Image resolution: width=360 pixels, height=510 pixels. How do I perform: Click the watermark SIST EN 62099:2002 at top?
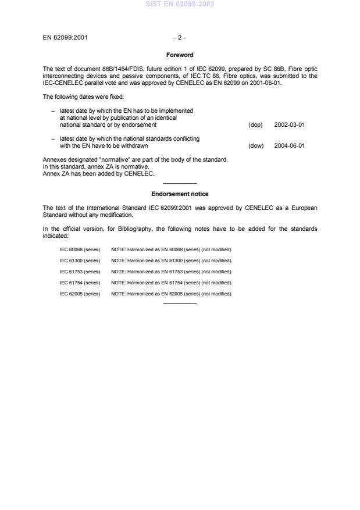(x=180, y=4)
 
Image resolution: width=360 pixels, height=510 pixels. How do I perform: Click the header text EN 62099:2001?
(x=66, y=38)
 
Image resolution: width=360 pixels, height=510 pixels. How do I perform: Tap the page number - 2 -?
(x=180, y=38)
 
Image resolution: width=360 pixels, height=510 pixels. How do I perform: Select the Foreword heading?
(x=180, y=55)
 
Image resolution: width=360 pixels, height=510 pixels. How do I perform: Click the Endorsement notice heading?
(x=180, y=194)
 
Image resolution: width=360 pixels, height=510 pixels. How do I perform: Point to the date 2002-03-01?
(x=289, y=124)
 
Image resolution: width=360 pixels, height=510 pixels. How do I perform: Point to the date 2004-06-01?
(x=289, y=146)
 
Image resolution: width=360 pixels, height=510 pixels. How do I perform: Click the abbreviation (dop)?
(x=255, y=124)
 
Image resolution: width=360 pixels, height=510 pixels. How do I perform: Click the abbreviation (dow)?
(x=256, y=146)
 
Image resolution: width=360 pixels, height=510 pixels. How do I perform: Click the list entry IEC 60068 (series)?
(x=80, y=249)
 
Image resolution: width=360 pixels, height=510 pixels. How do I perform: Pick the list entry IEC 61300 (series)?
(x=80, y=260)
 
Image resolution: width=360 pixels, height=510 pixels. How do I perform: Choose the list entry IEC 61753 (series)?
(x=80, y=272)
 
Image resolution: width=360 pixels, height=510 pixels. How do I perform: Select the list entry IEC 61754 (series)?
(x=80, y=283)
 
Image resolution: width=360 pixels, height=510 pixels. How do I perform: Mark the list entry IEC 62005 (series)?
(x=80, y=294)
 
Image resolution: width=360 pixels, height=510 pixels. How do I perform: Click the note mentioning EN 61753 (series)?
(x=172, y=272)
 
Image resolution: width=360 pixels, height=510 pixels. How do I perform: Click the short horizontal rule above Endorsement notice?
(x=180, y=184)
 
